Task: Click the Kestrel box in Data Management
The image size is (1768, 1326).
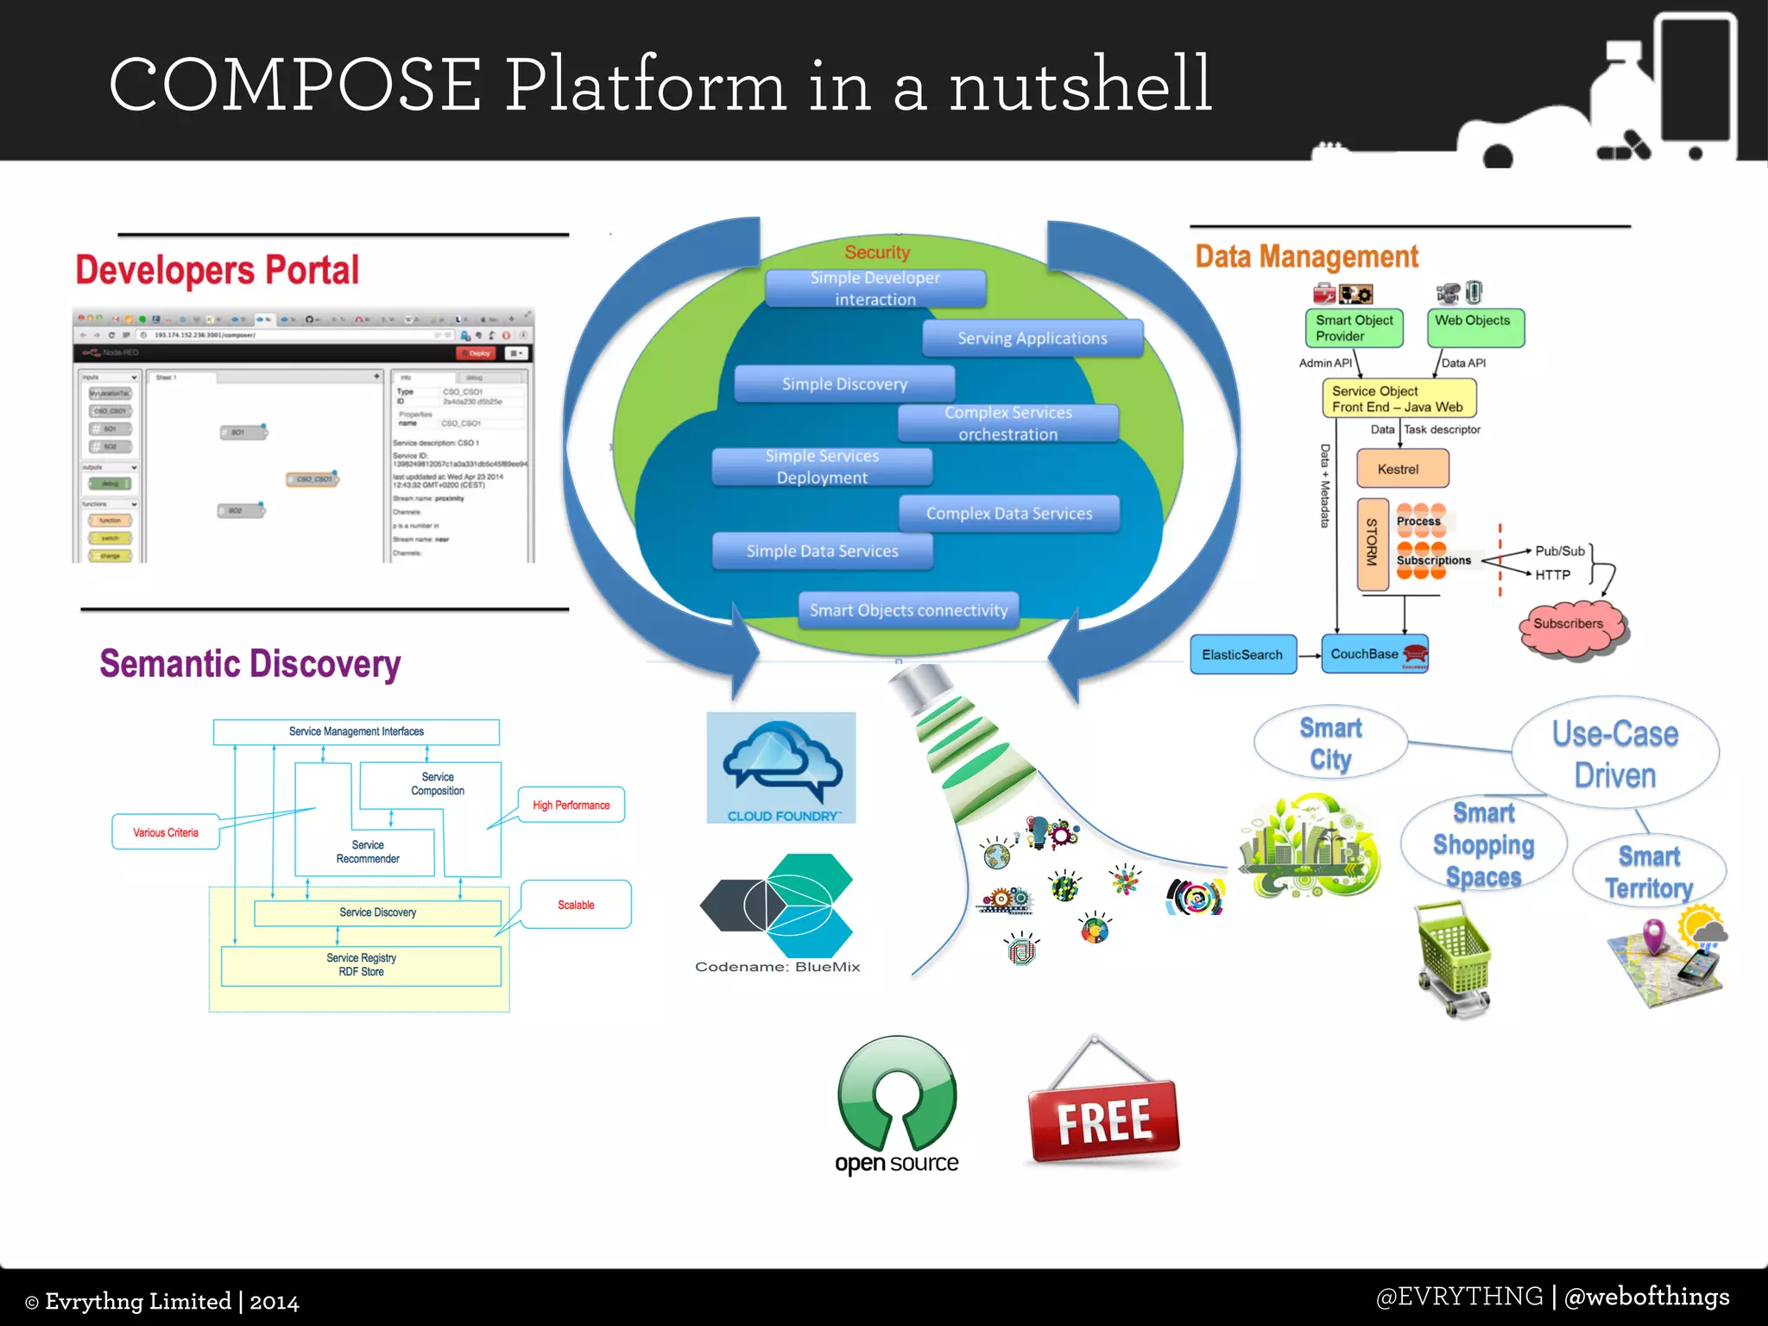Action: [x=1402, y=469]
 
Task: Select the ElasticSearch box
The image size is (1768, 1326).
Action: [x=1242, y=654]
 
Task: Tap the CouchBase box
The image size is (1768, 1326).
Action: [x=1374, y=654]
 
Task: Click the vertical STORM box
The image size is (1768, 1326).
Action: [x=1372, y=543]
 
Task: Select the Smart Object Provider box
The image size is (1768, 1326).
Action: [x=1354, y=328]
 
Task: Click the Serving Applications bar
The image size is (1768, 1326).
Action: [x=1032, y=338]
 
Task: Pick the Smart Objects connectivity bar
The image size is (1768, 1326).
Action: [x=908, y=610]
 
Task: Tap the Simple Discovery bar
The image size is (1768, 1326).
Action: [x=844, y=384]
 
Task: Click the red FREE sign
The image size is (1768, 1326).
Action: [x=1104, y=1121]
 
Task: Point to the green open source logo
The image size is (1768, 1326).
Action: [x=897, y=1096]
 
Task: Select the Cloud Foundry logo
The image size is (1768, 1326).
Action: [x=781, y=767]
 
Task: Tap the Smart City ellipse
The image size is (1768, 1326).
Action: [x=1330, y=743]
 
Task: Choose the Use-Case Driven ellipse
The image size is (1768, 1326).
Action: [x=1615, y=754]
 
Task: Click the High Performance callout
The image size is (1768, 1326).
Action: [x=571, y=805]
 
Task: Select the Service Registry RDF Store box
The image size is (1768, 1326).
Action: [x=361, y=965]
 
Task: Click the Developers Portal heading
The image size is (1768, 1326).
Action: [x=217, y=270]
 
